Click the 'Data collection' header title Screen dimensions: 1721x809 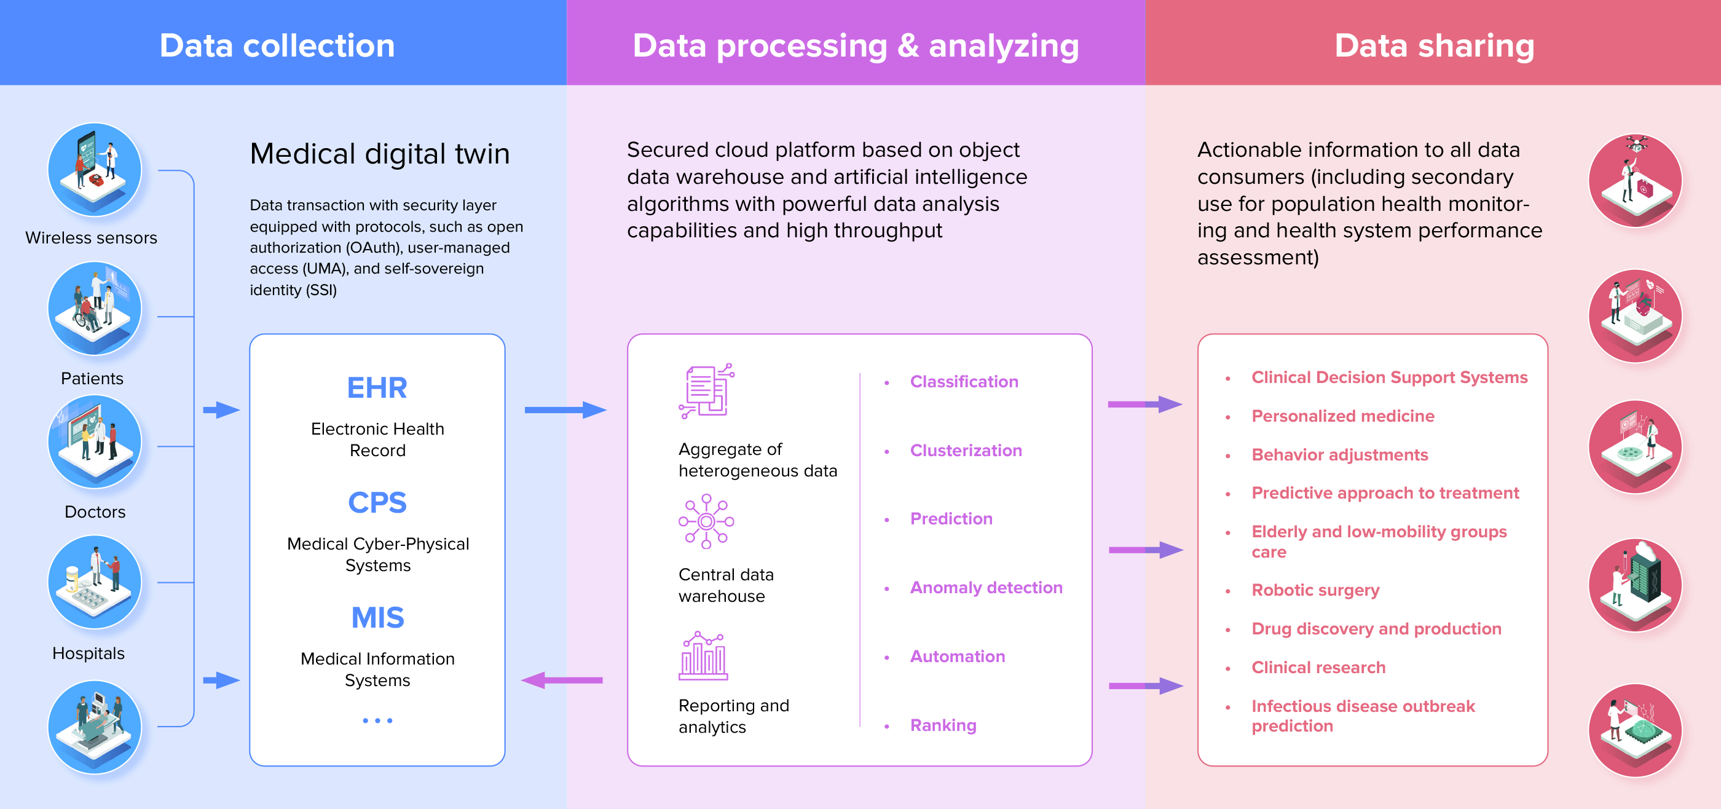point(277,45)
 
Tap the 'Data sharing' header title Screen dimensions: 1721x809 point(1434,45)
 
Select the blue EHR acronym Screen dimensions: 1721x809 point(377,387)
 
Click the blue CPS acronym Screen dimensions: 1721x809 point(377,502)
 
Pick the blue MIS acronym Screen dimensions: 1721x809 point(377,617)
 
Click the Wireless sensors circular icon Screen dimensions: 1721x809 point(95,169)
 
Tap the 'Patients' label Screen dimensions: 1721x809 point(92,378)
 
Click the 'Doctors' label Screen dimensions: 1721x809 point(95,511)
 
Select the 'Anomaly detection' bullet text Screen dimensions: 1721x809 point(986,587)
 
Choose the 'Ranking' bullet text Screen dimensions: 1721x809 point(943,725)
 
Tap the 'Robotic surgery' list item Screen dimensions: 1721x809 point(1315,590)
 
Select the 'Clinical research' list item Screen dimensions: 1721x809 point(1318,668)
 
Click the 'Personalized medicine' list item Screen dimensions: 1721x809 point(1343,416)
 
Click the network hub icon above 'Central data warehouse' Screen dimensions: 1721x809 point(706,521)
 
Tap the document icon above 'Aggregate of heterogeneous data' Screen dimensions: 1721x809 point(706,391)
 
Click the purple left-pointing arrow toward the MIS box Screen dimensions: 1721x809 point(562,680)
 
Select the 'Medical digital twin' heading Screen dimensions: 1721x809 point(379,154)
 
